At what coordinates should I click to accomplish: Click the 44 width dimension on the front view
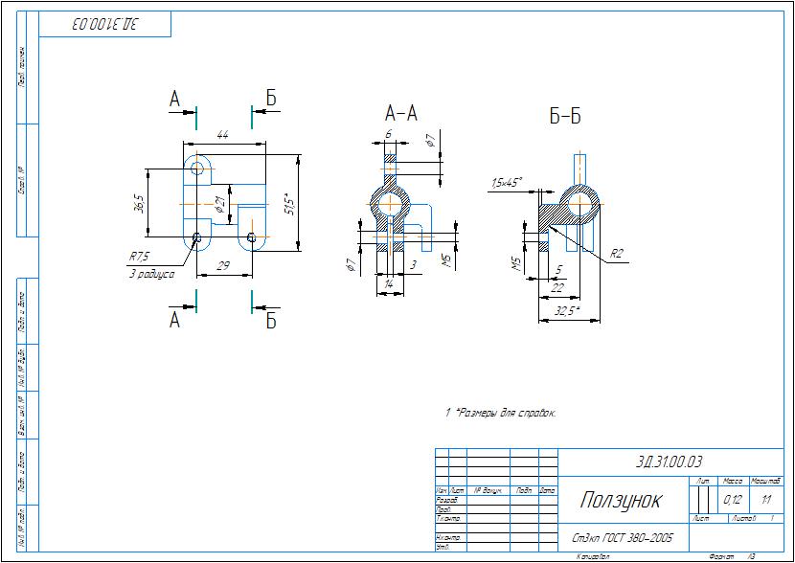coord(222,136)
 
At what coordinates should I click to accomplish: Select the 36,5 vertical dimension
coord(140,204)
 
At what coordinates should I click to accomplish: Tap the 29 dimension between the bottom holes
coord(222,265)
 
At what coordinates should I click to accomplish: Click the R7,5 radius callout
coord(141,257)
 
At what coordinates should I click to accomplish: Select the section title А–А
coord(400,113)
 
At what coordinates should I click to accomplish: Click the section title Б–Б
coord(565,117)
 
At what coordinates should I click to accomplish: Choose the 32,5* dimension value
coord(567,310)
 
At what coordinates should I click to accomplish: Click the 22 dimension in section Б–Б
coord(557,287)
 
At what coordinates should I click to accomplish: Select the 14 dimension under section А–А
coord(388,284)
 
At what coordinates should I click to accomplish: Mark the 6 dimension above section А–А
coord(388,134)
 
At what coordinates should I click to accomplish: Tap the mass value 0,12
coord(733,500)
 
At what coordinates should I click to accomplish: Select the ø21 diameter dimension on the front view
coord(219,203)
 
